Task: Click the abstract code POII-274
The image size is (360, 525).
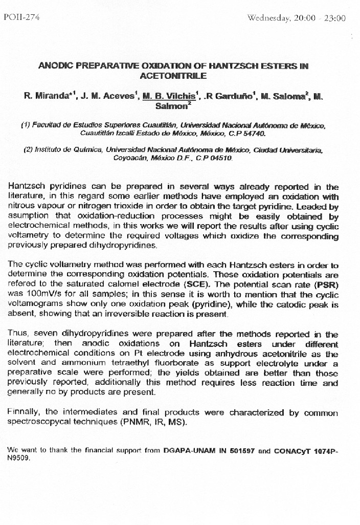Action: pos(21,17)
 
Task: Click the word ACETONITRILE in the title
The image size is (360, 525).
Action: pos(173,76)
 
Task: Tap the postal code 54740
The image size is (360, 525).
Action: pos(254,133)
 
